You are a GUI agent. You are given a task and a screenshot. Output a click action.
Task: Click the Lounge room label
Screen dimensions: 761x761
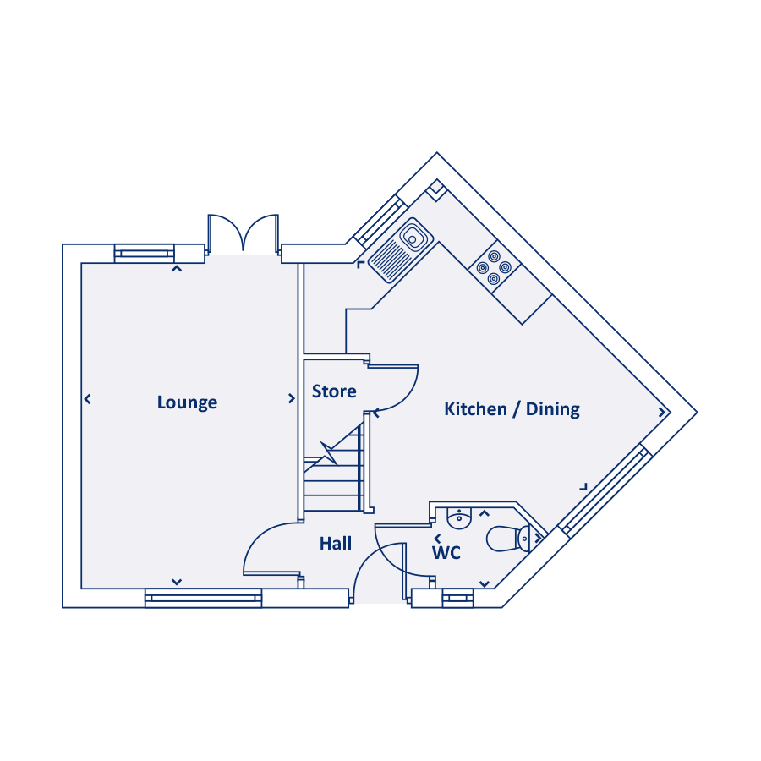tap(187, 402)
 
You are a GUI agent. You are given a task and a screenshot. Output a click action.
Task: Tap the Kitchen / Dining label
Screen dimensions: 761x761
tap(512, 409)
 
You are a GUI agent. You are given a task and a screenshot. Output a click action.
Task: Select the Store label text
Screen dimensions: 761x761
tap(334, 391)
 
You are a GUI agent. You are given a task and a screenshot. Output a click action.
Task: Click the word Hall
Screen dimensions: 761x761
tap(336, 544)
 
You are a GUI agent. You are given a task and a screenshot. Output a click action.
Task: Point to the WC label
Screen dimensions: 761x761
tap(446, 553)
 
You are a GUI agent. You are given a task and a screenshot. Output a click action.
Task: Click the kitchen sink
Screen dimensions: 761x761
tap(401, 249)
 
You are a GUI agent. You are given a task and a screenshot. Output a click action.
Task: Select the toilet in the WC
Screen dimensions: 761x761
tap(508, 538)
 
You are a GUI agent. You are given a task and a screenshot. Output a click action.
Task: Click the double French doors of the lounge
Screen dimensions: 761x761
tap(244, 233)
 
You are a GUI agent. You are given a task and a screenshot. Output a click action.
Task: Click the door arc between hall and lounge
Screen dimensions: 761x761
tap(266, 548)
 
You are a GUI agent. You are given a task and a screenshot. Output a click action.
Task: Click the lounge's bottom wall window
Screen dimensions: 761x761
tap(203, 598)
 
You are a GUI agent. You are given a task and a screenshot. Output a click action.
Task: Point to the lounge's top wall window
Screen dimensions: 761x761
tap(144, 253)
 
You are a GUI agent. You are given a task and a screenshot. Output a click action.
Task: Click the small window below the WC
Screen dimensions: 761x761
tap(457, 598)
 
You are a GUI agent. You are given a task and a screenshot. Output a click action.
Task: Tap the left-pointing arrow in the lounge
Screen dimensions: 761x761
tap(87, 398)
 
